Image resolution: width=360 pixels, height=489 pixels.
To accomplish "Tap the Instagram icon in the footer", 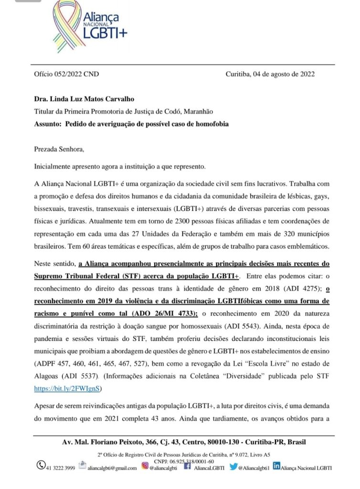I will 144,467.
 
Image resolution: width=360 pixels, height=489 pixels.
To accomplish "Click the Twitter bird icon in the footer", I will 233,467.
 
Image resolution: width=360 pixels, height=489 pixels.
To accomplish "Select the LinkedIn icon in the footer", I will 276,467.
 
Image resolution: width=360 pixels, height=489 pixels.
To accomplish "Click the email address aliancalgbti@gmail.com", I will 112,468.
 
